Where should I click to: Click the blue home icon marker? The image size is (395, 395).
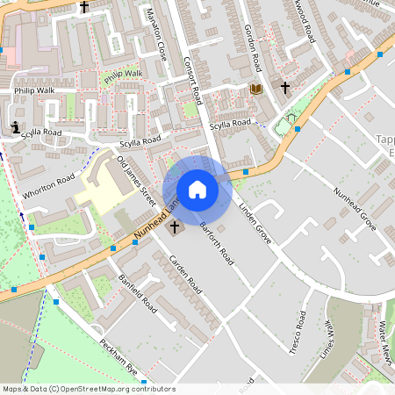pos(197,190)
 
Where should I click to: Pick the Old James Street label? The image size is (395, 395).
pos(136,181)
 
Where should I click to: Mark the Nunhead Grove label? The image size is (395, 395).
pos(355,208)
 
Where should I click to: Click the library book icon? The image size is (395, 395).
pos(256,90)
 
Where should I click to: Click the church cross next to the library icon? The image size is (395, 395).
pos(284,88)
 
